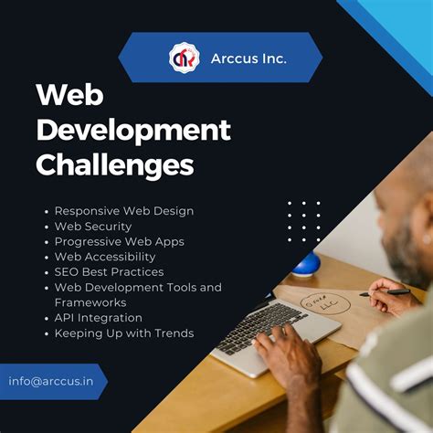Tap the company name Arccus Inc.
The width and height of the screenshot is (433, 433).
[249, 58]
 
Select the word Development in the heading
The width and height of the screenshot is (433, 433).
[132, 130]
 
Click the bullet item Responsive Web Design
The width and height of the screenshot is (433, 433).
[123, 211]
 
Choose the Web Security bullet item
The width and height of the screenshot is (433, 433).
[92, 226]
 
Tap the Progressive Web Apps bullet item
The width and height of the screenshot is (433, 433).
[119, 241]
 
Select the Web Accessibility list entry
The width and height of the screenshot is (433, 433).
[106, 257]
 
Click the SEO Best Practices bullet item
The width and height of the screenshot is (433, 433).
[109, 271]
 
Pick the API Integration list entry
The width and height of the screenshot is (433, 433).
[98, 318]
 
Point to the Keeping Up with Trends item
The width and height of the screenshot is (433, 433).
[123, 333]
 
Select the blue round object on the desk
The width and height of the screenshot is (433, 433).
[305, 266]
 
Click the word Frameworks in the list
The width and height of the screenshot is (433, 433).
[90, 302]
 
